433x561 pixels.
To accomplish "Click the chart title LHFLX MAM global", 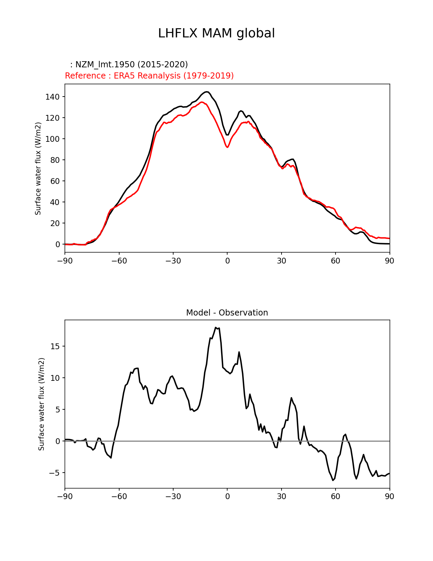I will point(216,33).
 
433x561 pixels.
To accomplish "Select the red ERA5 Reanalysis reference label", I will point(149,76).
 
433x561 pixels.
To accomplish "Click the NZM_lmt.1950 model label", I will point(129,65).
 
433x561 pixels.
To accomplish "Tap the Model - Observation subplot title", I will point(227,313).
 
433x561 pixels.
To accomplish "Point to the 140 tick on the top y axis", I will point(52,97).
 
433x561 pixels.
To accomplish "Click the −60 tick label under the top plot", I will point(119,261).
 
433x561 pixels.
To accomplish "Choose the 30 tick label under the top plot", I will point(281,261).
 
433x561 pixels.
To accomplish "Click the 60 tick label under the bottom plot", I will point(335,496).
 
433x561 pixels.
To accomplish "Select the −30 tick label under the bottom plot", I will point(173,496).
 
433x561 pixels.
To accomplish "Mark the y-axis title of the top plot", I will point(38,168).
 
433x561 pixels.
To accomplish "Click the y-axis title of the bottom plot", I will point(41,404).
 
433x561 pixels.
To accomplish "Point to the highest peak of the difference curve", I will point(216,327).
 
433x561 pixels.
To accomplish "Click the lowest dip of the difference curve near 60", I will point(333,480).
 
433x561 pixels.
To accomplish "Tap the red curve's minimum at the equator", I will point(227,147).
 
